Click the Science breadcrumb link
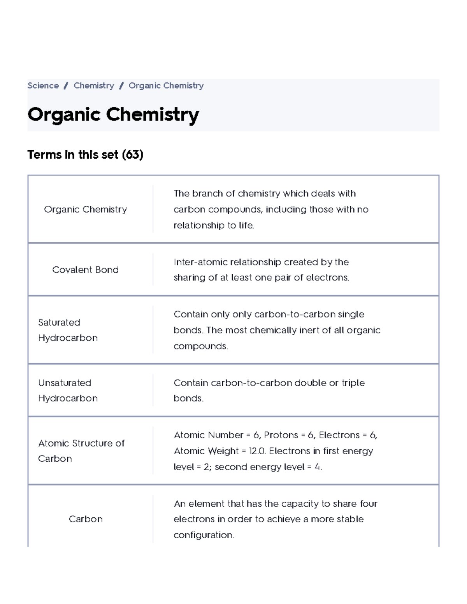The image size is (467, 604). click(x=43, y=86)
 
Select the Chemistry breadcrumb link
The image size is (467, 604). click(x=94, y=86)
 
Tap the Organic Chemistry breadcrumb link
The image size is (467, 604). click(x=166, y=86)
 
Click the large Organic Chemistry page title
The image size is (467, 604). click(x=113, y=115)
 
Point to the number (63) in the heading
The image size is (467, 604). click(x=133, y=155)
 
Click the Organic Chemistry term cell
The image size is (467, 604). click(x=86, y=209)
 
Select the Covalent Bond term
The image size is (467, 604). click(x=86, y=270)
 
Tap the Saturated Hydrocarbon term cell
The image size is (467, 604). click(x=68, y=330)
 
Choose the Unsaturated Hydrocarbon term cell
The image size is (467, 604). click(x=68, y=390)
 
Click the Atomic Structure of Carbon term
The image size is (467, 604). click(x=81, y=451)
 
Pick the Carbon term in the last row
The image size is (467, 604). click(x=86, y=519)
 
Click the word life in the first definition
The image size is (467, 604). click(x=246, y=226)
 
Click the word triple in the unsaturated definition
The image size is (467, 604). click(x=353, y=383)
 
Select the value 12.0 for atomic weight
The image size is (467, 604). click(x=257, y=451)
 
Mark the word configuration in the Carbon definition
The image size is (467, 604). click(x=204, y=535)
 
